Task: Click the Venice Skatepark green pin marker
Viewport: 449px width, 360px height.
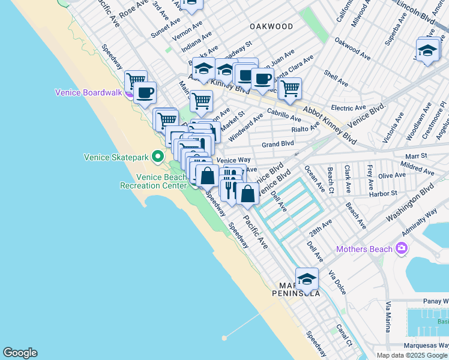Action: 158,157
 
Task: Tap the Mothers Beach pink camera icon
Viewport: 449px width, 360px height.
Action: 401,248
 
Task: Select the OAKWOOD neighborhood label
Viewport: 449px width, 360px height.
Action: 271,26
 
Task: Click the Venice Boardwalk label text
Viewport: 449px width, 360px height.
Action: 88,92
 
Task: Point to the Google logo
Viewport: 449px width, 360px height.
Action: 20,353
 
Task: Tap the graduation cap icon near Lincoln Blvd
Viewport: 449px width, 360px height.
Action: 427,50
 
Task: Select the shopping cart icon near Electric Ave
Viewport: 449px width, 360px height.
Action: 290,88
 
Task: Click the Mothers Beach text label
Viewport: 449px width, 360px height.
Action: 364,249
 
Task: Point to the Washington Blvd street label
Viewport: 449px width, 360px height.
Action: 411,201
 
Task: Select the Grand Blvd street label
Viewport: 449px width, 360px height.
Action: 278,144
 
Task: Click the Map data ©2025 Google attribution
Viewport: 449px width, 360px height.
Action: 412,355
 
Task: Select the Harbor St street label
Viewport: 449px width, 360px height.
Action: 386,193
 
